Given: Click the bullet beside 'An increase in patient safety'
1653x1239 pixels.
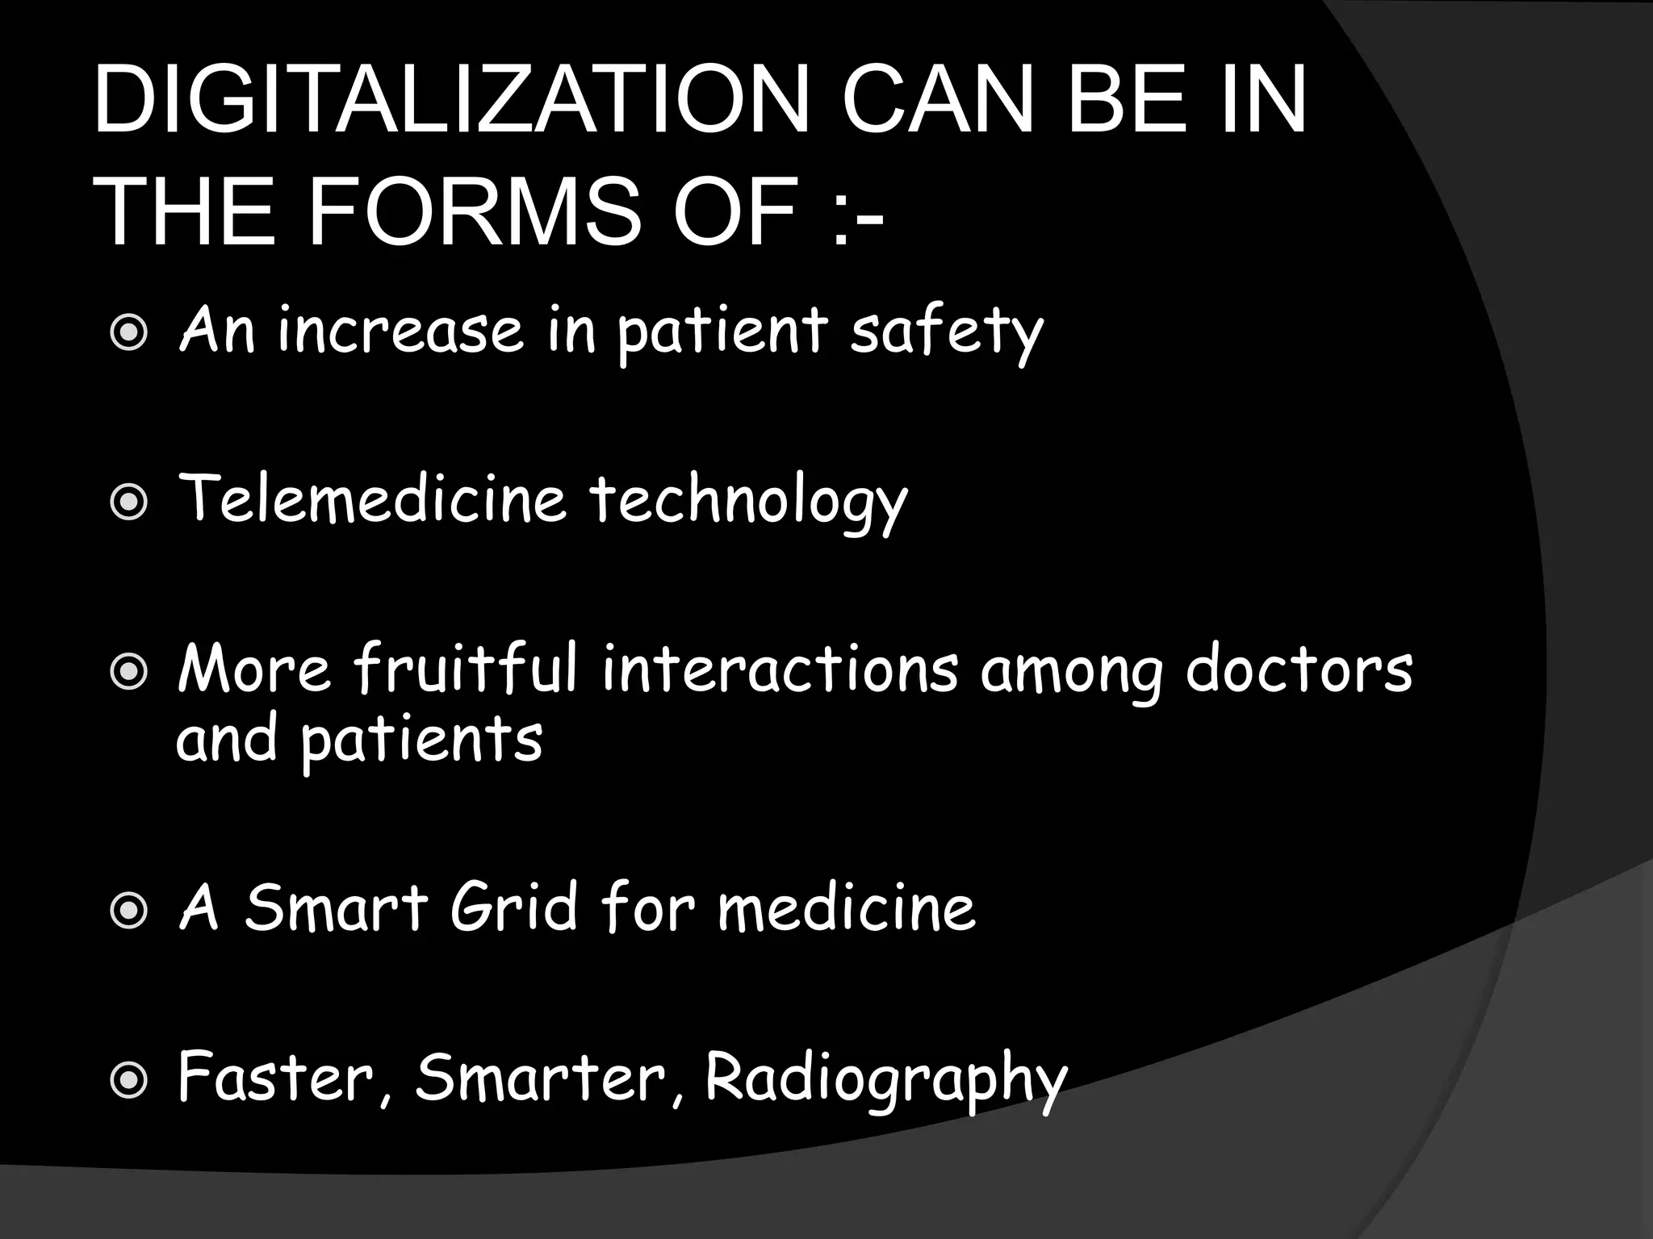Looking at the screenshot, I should pos(128,333).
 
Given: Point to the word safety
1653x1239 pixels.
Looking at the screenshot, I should pos(946,333).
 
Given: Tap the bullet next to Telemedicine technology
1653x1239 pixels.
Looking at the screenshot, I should pos(128,503).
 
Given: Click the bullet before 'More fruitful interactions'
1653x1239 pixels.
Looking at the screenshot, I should pos(128,672).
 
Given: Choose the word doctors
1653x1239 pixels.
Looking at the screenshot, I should pos(1299,670).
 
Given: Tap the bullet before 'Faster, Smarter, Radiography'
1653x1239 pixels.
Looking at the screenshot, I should pos(128,1080).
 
